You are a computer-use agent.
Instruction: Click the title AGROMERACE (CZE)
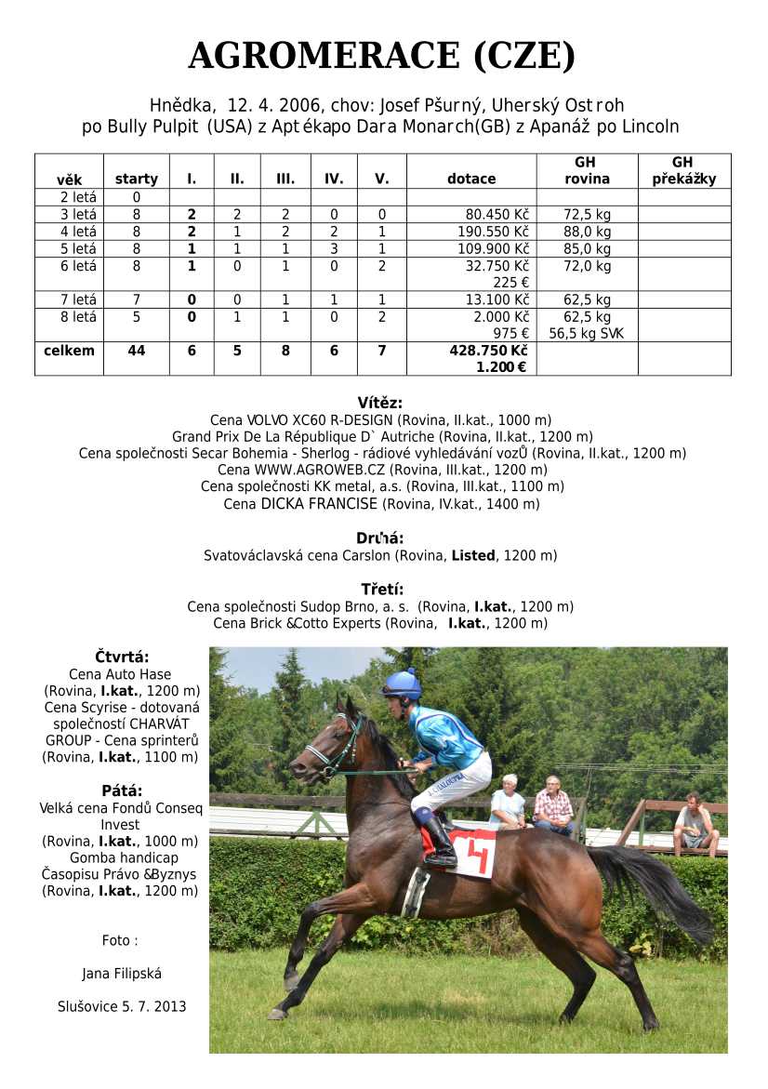[x=382, y=56]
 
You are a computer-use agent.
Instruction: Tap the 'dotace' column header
[x=471, y=179]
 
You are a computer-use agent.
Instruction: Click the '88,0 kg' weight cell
[x=587, y=232]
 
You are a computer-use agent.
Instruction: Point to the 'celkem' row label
[x=69, y=351]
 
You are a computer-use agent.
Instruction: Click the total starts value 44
[x=136, y=351]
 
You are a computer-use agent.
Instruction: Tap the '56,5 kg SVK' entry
[x=587, y=333]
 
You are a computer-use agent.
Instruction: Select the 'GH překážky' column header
[x=683, y=170]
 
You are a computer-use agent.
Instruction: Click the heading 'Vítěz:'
[x=379, y=403]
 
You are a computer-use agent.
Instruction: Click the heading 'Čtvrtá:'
[x=122, y=657]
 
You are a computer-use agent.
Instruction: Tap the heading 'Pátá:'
[x=122, y=790]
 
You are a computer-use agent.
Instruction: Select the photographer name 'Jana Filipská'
[x=122, y=974]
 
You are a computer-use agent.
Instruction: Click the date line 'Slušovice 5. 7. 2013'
[x=122, y=1006]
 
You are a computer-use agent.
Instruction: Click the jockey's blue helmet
[x=403, y=684]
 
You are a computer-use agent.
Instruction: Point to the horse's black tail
[x=660, y=888]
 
